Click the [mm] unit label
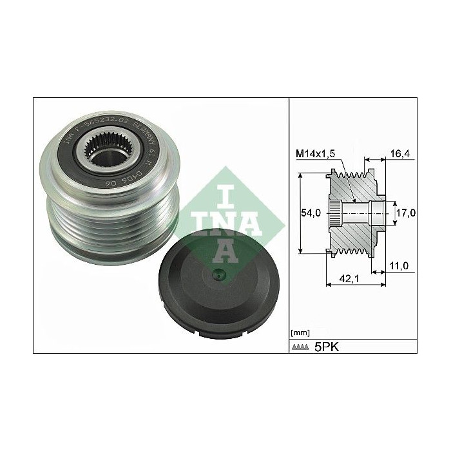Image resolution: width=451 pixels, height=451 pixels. click(300, 332)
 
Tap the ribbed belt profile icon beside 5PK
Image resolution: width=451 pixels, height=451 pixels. click(301, 347)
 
